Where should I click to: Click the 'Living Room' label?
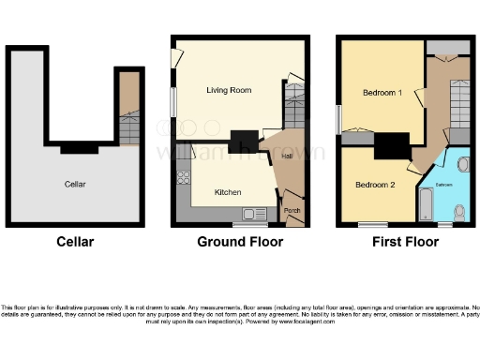(x=229, y=90)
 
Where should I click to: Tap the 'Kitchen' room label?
(x=228, y=192)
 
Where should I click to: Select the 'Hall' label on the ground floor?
(x=287, y=156)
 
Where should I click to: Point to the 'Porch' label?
(x=292, y=209)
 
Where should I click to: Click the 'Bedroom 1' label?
(x=382, y=93)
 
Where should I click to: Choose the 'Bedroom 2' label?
(x=374, y=185)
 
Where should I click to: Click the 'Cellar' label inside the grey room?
(x=75, y=185)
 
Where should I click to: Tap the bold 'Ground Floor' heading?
(x=239, y=242)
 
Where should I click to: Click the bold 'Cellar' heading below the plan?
(x=74, y=242)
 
